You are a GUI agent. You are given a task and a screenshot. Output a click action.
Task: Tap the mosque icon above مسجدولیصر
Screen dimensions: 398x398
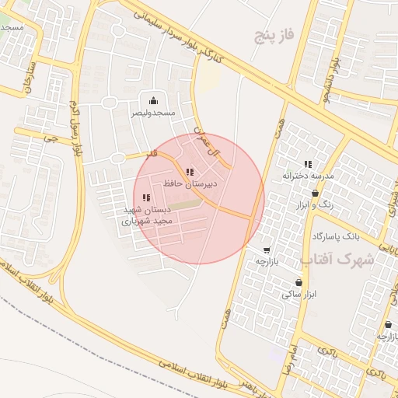point(153,100)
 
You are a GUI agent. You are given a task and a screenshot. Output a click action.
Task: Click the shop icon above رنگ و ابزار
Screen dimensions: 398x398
point(315,193)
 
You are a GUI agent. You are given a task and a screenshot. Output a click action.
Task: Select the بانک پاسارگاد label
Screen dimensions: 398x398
point(336,235)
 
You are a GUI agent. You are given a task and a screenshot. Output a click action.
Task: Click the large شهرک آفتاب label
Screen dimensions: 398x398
point(343,260)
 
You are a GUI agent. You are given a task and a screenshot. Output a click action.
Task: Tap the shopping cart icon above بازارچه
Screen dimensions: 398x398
point(267,250)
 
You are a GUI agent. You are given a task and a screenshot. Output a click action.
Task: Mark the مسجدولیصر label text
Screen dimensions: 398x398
point(153,113)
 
